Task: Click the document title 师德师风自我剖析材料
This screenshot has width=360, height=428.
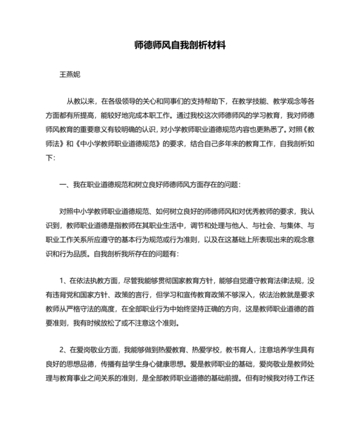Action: [x=180, y=46]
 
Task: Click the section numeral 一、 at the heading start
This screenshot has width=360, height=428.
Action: [x=64, y=185]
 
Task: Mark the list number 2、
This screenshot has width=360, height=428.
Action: [x=64, y=349]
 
